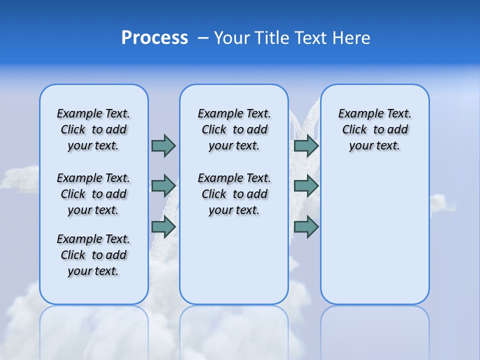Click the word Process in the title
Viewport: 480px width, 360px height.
coord(154,38)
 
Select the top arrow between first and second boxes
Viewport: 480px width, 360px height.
coord(163,145)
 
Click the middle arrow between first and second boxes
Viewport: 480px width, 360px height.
coord(163,186)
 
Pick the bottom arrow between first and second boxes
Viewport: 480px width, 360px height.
coord(163,227)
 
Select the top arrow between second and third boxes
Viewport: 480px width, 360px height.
coord(306,145)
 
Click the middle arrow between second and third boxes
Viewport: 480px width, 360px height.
coord(306,186)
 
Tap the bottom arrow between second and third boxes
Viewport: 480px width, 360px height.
coord(306,227)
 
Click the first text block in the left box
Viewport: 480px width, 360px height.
coord(93,129)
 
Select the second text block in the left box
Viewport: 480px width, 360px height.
coord(93,194)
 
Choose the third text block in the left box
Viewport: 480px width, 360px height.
coord(93,255)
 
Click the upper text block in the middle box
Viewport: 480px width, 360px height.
coord(234,129)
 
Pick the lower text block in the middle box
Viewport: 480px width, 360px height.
coord(234,194)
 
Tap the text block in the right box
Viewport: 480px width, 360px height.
coord(375,129)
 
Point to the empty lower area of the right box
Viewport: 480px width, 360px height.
coord(375,240)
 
